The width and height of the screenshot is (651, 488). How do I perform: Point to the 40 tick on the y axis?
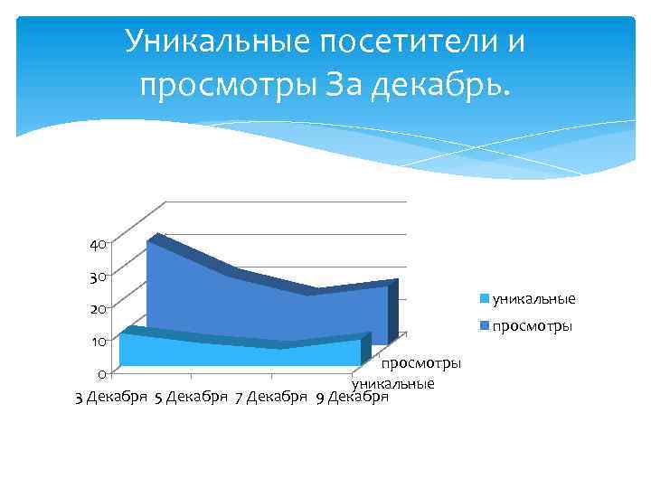[x=98, y=244]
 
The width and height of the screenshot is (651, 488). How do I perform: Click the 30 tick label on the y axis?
[x=98, y=277]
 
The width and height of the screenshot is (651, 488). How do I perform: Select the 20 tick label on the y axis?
[x=98, y=309]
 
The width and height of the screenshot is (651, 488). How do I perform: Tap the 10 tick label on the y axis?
[x=98, y=342]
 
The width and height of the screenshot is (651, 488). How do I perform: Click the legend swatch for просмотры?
[x=486, y=325]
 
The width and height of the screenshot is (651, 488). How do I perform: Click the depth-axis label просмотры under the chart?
[x=421, y=363]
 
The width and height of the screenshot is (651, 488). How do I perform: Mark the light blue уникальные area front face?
[x=235, y=352]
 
